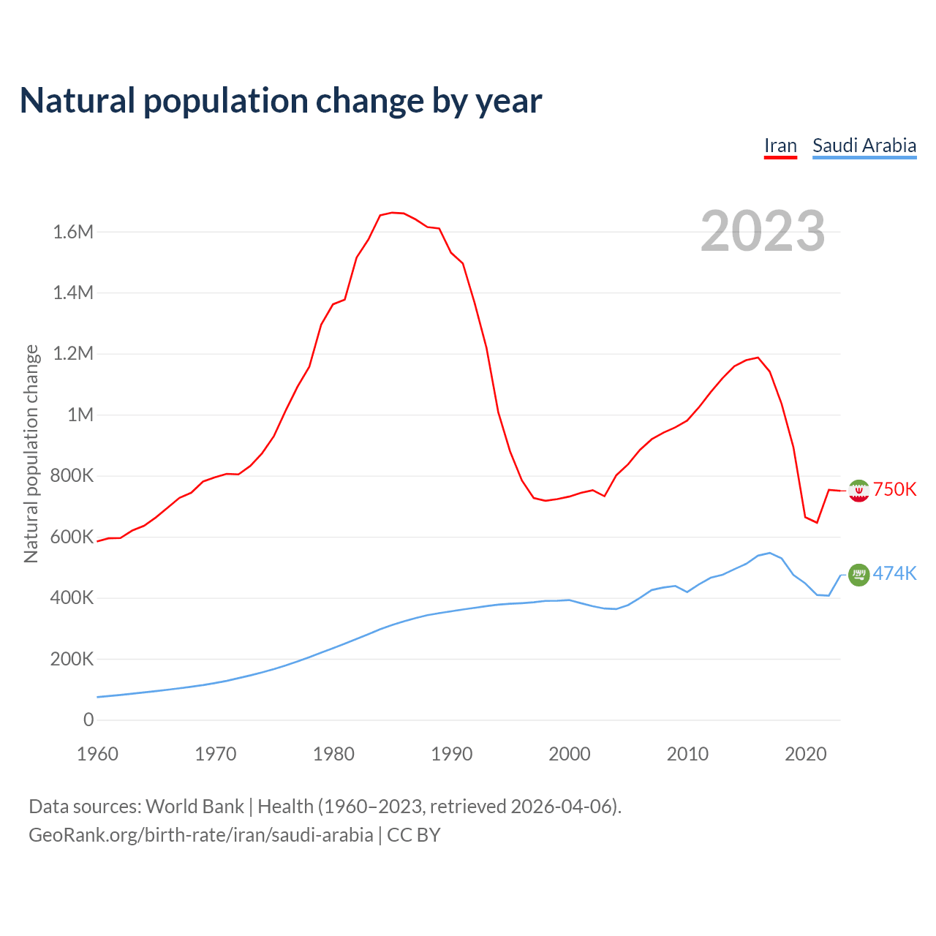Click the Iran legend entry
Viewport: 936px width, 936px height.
[780, 146]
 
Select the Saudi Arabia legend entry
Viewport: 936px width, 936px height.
[864, 146]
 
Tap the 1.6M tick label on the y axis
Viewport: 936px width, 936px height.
[73, 233]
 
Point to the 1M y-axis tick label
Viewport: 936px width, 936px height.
[80, 415]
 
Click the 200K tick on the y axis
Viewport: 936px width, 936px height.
[72, 660]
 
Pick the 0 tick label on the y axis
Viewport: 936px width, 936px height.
[88, 720]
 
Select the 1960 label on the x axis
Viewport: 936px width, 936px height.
[97, 754]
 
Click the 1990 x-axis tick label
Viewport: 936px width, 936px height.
[451, 754]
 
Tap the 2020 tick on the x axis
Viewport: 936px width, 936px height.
[805, 754]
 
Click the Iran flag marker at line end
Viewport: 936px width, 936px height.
[858, 490]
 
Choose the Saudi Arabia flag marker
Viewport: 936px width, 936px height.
[858, 575]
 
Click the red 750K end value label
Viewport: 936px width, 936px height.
[895, 490]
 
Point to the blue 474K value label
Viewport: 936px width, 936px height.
[895, 574]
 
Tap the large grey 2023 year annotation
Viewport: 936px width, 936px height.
[763, 231]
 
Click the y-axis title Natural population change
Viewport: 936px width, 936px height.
[31, 453]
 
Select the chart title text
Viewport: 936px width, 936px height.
[281, 101]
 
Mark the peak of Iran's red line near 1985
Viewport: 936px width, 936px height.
[393, 213]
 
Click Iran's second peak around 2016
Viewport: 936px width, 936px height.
[758, 358]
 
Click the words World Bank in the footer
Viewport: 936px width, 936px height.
[195, 807]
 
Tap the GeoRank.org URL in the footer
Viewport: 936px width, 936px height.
[200, 835]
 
